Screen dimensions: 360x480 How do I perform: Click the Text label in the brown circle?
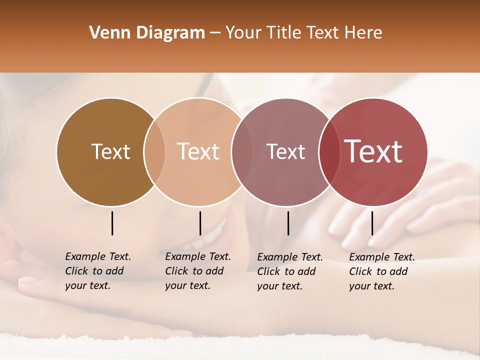(x=110, y=151)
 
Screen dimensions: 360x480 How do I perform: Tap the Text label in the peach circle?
(x=198, y=151)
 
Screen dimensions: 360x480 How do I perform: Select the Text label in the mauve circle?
(x=285, y=151)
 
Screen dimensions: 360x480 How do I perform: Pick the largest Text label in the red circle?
(x=373, y=151)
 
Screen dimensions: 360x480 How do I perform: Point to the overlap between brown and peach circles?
(x=154, y=151)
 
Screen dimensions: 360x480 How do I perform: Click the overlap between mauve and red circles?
(x=329, y=151)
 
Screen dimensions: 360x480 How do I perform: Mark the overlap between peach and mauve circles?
(x=241, y=151)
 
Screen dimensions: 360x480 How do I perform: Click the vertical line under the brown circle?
(x=112, y=223)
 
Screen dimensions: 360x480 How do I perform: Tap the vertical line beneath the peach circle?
(x=200, y=223)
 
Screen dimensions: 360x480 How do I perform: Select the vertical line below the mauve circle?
(x=288, y=223)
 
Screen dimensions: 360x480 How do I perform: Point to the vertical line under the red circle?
(x=372, y=223)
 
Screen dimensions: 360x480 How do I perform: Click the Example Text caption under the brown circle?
(x=98, y=271)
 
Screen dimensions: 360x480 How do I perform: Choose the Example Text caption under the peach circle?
(x=198, y=271)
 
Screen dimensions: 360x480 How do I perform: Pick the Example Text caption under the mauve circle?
(x=290, y=271)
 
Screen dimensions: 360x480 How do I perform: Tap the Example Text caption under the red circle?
(x=382, y=271)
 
